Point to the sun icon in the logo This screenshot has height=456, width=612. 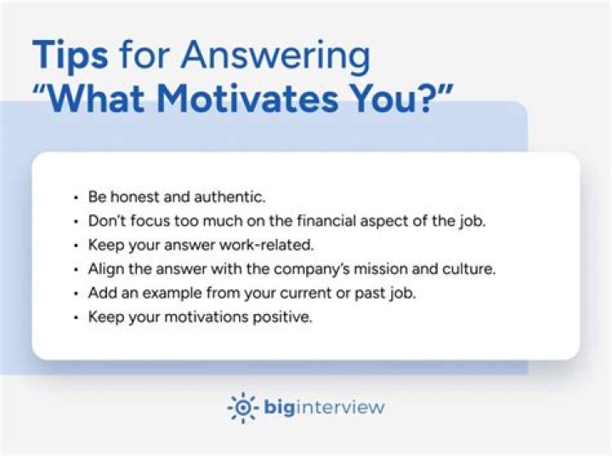coord(242,408)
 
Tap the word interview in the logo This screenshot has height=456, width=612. coord(345,407)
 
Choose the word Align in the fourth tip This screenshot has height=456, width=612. coord(105,269)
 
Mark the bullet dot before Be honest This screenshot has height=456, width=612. coord(76,197)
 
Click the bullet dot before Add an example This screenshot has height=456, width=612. coord(76,294)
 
